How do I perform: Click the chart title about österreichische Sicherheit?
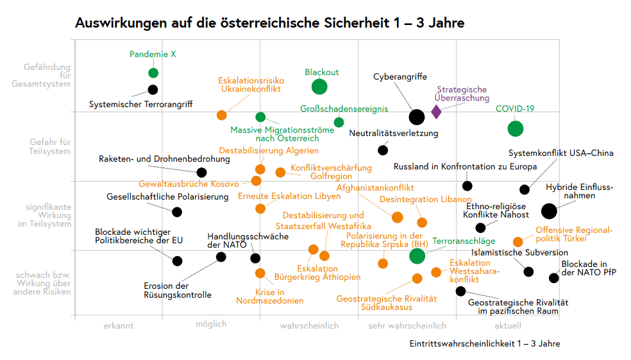[x=269, y=23]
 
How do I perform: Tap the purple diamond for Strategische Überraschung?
[x=436, y=112]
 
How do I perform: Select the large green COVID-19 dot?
[x=515, y=128]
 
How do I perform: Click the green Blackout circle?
[x=319, y=87]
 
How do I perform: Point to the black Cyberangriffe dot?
[x=416, y=117]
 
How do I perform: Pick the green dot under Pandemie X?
[x=153, y=73]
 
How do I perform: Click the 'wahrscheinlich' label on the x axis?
[x=309, y=326]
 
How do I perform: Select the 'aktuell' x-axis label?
[x=508, y=326]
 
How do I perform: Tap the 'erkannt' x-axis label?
[x=119, y=326]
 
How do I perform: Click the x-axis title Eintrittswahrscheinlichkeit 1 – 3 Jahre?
[x=484, y=344]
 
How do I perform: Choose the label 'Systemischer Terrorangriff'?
[x=140, y=104]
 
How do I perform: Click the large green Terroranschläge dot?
[x=417, y=255]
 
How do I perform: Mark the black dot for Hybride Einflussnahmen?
[x=549, y=210]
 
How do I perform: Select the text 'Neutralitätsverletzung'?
[x=394, y=133]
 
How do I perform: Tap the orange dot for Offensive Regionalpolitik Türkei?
[x=518, y=242]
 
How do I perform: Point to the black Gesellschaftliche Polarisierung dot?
[x=177, y=212]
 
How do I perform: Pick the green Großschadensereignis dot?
[x=339, y=123]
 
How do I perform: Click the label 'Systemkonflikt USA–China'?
[x=560, y=153]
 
